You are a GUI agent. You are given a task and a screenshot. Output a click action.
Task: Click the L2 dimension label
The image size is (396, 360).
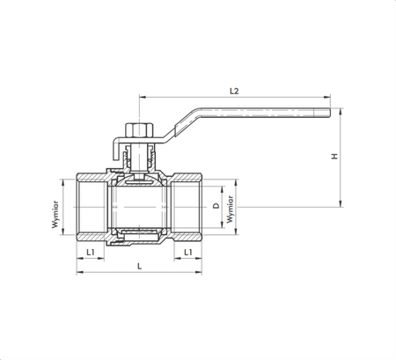point(234,90)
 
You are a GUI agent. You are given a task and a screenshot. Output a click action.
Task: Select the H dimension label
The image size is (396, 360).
point(334,157)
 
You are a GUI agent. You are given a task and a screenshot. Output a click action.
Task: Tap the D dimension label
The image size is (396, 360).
point(216,206)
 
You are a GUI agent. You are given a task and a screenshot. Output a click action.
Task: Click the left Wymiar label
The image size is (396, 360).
point(55,212)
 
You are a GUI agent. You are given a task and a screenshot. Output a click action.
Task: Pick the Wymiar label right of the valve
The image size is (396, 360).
point(230,212)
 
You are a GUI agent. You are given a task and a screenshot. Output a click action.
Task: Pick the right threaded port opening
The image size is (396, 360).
point(188,205)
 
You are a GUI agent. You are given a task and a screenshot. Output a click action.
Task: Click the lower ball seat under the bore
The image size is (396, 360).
point(138,234)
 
